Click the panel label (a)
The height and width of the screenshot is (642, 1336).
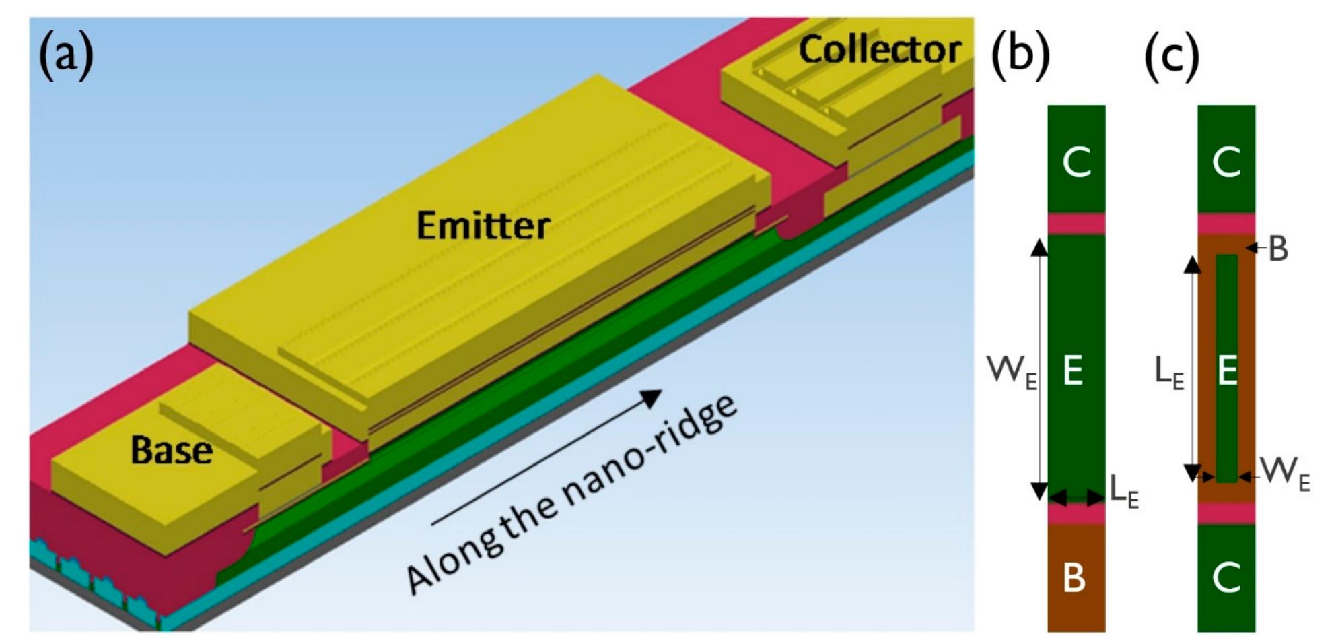tap(65, 55)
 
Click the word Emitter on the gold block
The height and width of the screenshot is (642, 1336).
tap(483, 225)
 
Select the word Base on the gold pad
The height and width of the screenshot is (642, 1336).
tap(171, 449)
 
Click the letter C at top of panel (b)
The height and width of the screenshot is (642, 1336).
tap(1076, 162)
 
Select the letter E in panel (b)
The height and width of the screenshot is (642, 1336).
tap(1074, 370)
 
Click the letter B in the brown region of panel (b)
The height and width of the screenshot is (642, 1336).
tap(1074, 578)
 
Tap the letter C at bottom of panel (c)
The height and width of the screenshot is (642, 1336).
tap(1226, 578)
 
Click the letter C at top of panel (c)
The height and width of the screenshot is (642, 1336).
tap(1226, 162)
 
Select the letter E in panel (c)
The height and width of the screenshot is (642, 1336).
tap(1227, 370)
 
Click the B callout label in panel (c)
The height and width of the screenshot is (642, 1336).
tap(1277, 249)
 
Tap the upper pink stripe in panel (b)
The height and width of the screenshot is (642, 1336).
tap(1076, 224)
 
